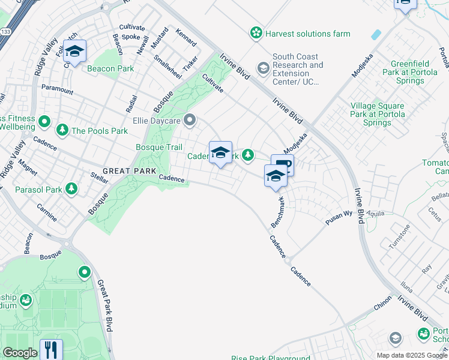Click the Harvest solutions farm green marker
(x=257, y=33)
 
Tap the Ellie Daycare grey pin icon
(x=190, y=121)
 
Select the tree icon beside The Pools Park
(x=62, y=130)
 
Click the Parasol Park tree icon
(x=71, y=189)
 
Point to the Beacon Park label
(x=110, y=68)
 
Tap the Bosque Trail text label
(x=159, y=147)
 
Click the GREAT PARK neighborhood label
(x=125, y=171)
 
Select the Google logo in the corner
(x=20, y=353)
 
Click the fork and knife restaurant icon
(x=51, y=349)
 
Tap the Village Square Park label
(x=377, y=113)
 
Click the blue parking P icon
(x=284, y=164)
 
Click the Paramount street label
(x=57, y=90)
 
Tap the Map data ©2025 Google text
(x=412, y=355)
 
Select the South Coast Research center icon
(x=263, y=68)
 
